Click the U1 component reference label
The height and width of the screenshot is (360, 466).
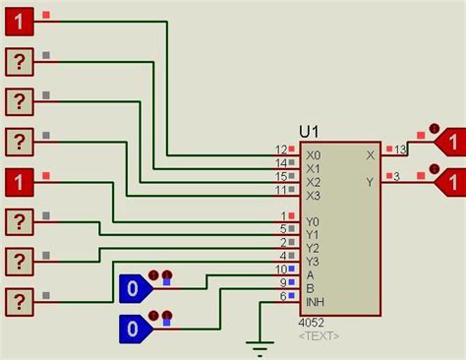tap(311, 132)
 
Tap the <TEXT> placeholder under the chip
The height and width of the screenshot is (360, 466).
tap(319, 335)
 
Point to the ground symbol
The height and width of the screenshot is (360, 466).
tap(260, 347)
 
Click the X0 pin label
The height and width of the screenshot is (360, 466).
tap(313, 155)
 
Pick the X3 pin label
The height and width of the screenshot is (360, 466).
tap(313, 196)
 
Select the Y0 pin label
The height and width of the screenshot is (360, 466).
tap(313, 221)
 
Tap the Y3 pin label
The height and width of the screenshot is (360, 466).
tap(313, 262)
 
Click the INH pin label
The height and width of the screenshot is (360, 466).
tap(315, 302)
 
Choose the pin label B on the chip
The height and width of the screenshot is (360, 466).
tap(310, 288)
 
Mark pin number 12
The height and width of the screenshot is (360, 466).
tap(281, 150)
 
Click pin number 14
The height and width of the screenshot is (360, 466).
tap(281, 162)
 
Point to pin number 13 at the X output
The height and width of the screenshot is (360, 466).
tap(400, 149)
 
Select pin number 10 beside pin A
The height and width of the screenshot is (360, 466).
tap(281, 269)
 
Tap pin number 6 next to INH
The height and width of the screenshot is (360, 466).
tap(283, 295)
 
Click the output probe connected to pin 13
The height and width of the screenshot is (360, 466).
tap(449, 142)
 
